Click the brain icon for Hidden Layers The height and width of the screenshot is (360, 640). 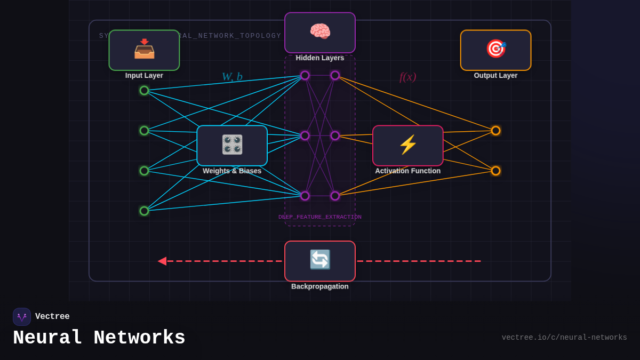pyautogui.click(x=320, y=31)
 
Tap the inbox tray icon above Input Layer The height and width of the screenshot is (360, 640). pyautogui.click(x=144, y=49)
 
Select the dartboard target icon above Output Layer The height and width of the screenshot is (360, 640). pyautogui.click(x=495, y=49)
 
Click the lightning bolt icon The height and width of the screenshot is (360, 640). pyautogui.click(x=408, y=145)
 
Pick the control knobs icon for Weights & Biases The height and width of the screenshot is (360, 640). pyautogui.click(x=232, y=145)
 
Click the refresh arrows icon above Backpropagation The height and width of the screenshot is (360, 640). pyautogui.click(x=320, y=260)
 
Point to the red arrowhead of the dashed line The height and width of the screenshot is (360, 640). pyautogui.click(x=162, y=261)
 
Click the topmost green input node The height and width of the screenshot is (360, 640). pyautogui.click(x=144, y=91)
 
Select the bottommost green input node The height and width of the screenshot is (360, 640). pyautogui.click(x=144, y=211)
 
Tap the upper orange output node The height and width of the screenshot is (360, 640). pyautogui.click(x=495, y=131)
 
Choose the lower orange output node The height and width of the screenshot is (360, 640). pyautogui.click(x=495, y=171)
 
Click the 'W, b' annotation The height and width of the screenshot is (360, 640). pyautogui.click(x=232, y=77)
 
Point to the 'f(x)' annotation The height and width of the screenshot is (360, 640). pyautogui.click(x=407, y=77)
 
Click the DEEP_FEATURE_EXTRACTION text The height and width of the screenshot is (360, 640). pyautogui.click(x=320, y=217)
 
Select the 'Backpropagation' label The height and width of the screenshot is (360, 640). pyautogui.click(x=320, y=286)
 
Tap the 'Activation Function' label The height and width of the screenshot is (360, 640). pyautogui.click(x=408, y=171)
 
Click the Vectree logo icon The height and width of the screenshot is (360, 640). pyautogui.click(x=22, y=317)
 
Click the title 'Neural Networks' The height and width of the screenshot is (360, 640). pyautogui.click(x=99, y=338)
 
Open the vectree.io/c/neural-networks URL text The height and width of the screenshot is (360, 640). pyautogui.click(x=564, y=338)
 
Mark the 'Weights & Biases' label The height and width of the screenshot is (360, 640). pyautogui.click(x=232, y=171)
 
